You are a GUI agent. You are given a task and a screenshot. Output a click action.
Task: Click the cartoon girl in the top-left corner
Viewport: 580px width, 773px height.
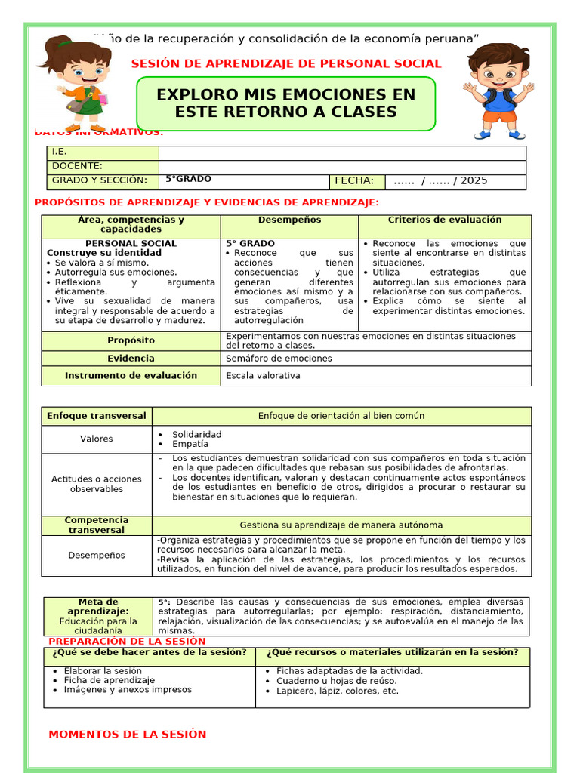tap(79, 83)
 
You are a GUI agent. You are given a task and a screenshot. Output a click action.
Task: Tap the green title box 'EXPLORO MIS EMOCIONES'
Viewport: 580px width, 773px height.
tap(285, 103)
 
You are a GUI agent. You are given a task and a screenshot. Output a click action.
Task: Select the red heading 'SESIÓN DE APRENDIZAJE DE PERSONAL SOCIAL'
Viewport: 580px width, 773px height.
tap(286, 64)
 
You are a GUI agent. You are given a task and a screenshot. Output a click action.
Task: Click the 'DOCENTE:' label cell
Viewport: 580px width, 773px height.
tap(77, 166)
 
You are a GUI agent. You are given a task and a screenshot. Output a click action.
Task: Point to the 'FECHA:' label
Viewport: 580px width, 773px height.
tap(354, 181)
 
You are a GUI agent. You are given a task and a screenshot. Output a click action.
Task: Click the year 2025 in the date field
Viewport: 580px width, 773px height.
tap(474, 181)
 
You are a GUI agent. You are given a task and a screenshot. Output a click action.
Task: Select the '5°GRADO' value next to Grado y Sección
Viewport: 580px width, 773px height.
tap(189, 180)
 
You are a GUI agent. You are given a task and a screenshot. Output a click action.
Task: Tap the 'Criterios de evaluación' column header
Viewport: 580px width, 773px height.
tap(445, 220)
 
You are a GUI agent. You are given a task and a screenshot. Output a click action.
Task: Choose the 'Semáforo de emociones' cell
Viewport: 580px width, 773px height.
tap(279, 359)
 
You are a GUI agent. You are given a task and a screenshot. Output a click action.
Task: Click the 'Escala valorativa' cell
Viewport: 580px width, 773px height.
tap(263, 376)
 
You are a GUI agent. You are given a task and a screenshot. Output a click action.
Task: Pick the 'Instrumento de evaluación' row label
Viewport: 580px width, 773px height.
tap(131, 376)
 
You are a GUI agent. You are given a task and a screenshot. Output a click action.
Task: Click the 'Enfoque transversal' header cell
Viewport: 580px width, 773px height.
tap(97, 416)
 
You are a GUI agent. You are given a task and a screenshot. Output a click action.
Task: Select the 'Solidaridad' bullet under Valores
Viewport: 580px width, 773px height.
tap(196, 435)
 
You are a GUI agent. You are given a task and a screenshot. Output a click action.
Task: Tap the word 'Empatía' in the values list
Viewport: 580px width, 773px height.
tap(190, 445)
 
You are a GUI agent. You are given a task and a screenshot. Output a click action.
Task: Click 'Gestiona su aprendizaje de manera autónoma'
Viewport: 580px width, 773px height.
tap(341, 525)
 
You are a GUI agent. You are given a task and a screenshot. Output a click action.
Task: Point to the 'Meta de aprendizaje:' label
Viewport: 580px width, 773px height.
tap(98, 606)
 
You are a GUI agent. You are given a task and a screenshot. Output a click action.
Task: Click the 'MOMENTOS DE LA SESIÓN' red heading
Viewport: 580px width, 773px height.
tap(127, 735)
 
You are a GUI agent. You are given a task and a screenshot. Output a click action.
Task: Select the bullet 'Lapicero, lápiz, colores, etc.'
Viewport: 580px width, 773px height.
tap(337, 691)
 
